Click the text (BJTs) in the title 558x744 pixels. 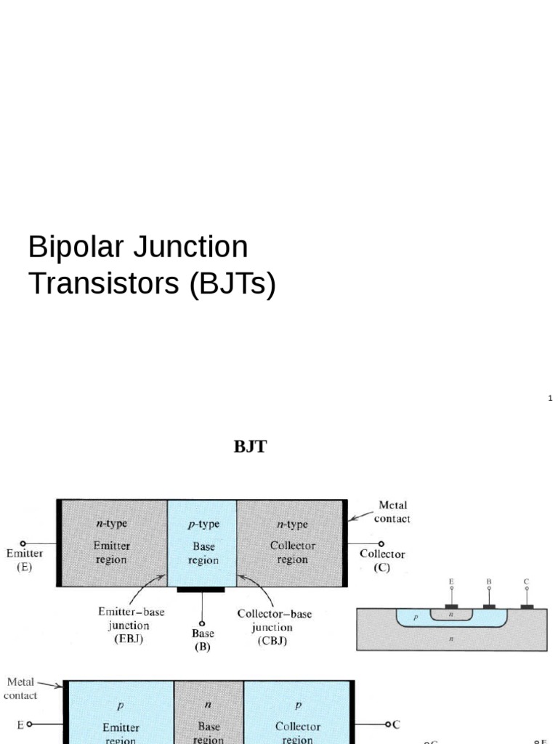coord(232,283)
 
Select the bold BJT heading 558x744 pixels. coord(250,447)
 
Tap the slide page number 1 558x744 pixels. coord(550,398)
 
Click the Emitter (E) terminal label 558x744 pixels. coord(25,559)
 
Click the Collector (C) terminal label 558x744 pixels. coord(382,560)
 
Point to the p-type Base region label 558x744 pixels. coord(203,542)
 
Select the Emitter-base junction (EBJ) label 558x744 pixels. coord(131,626)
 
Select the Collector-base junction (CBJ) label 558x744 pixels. coord(274,627)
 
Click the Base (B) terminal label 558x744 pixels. coord(203,639)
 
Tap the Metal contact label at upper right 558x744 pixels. coord(392,511)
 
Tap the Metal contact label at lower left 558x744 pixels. coord(21,688)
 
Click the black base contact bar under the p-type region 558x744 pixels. coord(201,589)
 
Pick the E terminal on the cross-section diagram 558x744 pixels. coord(451,582)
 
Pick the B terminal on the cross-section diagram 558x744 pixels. coord(489,582)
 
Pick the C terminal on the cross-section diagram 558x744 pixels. coord(527,582)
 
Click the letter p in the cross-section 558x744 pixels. coord(416,616)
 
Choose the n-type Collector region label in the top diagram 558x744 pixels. coord(293,542)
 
